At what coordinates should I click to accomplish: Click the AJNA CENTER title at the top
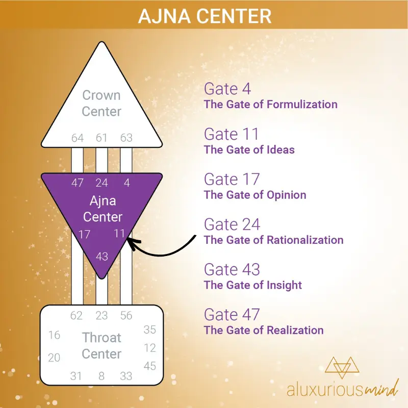(205, 16)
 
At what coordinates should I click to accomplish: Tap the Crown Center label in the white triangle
(101, 104)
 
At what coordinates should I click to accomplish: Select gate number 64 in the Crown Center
(78, 138)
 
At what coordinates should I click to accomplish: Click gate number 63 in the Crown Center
(126, 138)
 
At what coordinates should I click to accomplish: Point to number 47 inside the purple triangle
(78, 183)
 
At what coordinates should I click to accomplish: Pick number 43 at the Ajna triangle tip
(101, 257)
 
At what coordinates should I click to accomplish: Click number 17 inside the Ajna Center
(84, 235)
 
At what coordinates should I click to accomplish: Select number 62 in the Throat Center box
(76, 316)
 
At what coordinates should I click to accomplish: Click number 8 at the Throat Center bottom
(101, 376)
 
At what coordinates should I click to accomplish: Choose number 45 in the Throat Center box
(149, 366)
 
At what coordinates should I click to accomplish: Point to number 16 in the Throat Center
(54, 335)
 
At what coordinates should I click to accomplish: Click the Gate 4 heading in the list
(227, 89)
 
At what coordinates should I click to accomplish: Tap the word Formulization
(302, 105)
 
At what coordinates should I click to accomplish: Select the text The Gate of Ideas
(249, 150)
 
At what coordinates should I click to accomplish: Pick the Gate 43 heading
(232, 270)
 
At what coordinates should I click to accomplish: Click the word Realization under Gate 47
(295, 330)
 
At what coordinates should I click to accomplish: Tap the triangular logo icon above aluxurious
(342, 367)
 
